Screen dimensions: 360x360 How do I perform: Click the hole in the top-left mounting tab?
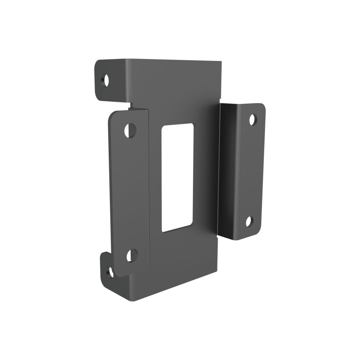(105, 80)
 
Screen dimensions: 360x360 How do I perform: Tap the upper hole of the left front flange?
(130, 129)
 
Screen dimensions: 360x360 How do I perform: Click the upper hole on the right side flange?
(252, 119)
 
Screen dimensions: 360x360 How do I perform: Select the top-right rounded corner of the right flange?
(262, 106)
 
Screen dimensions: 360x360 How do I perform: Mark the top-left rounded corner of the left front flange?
(112, 115)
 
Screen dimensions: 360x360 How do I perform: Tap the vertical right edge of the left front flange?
(148, 187)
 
